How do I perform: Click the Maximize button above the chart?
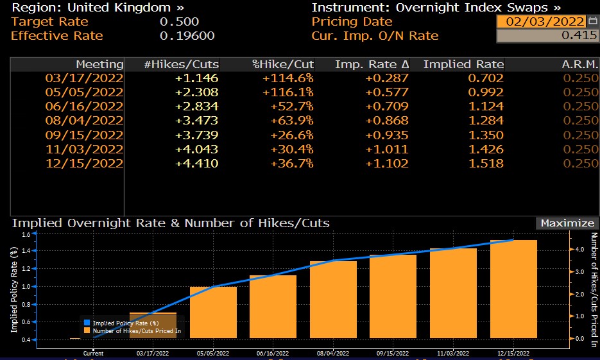click(x=567, y=223)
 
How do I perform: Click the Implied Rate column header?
click(x=463, y=64)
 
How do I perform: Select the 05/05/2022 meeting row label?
click(x=84, y=92)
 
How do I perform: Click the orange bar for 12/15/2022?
click(x=513, y=289)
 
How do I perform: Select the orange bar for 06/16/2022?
click(x=273, y=307)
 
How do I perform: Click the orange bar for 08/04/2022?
click(x=333, y=300)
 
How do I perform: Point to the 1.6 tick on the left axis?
click(x=26, y=235)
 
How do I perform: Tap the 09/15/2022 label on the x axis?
click(x=393, y=353)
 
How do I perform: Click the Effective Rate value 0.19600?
click(x=187, y=36)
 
